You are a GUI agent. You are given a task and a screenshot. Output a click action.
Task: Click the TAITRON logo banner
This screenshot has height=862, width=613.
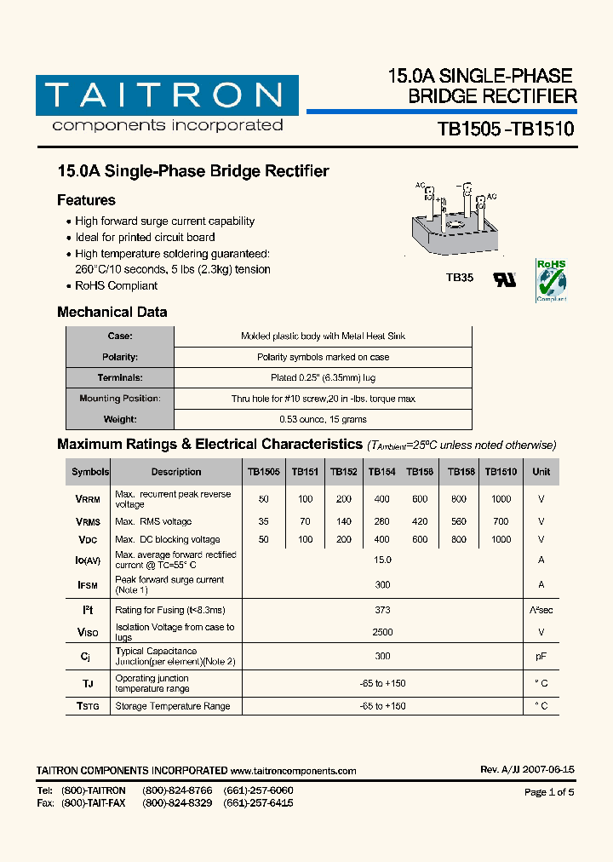click(x=167, y=95)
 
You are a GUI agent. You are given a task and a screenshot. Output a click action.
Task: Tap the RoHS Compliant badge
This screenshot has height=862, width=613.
click(x=551, y=281)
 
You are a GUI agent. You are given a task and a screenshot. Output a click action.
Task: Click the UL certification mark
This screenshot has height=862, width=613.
click(x=505, y=279)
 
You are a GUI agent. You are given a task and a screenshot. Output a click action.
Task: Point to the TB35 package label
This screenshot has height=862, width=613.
click(x=459, y=278)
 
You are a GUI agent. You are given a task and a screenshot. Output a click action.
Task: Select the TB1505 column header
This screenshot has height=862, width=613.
click(x=263, y=471)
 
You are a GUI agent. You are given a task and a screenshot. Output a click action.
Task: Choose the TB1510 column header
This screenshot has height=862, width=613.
click(x=501, y=471)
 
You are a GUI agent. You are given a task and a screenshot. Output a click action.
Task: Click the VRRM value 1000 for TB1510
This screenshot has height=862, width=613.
click(x=501, y=499)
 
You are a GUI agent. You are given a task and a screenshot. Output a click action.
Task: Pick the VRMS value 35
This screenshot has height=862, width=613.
click(x=263, y=521)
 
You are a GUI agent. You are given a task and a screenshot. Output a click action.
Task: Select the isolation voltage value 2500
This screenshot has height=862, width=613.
click(x=382, y=632)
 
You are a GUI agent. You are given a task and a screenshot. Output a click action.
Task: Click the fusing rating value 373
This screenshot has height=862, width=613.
click(x=382, y=610)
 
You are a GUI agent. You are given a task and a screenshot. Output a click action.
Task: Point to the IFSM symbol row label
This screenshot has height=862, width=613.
click(x=88, y=585)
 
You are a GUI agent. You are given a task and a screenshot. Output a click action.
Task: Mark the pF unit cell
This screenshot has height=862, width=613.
click(x=541, y=656)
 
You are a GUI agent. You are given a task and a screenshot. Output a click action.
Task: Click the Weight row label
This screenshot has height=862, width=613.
click(x=120, y=419)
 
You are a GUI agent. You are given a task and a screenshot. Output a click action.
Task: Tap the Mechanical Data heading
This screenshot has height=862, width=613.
click(x=112, y=312)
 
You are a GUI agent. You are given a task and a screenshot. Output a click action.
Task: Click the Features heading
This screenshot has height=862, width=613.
click(x=86, y=200)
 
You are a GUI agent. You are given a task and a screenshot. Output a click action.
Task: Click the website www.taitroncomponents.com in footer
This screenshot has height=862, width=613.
click(x=293, y=771)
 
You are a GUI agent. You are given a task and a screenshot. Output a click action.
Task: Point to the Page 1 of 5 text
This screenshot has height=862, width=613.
click(x=549, y=792)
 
